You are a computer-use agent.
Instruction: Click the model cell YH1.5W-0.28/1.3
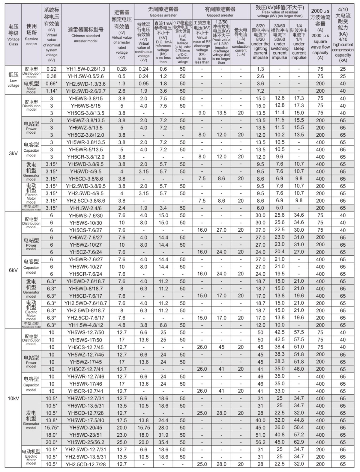coord(85,69)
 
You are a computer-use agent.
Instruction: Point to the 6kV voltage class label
coord(13,270)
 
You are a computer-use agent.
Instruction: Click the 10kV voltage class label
coord(13,398)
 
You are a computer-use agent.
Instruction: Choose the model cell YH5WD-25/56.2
coord(85,442)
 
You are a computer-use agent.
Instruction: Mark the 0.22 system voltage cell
coord(51,69)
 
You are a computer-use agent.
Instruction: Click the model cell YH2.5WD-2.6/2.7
coord(85,91)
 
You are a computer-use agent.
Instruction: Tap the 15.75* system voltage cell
coord(51,427)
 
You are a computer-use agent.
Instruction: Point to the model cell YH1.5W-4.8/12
coord(85,325)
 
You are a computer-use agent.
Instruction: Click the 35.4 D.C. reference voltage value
coord(163,442)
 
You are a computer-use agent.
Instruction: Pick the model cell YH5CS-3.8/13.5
coord(85,113)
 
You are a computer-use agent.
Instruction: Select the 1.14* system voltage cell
coord(51,91)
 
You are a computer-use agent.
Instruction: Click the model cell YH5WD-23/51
coord(85,435)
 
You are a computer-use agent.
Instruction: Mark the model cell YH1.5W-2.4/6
coord(85,208)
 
